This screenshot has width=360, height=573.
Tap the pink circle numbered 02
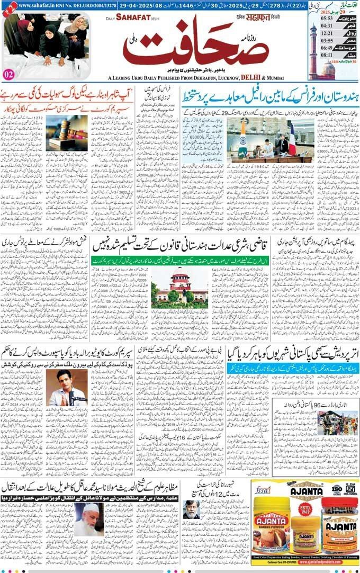[8, 74]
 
